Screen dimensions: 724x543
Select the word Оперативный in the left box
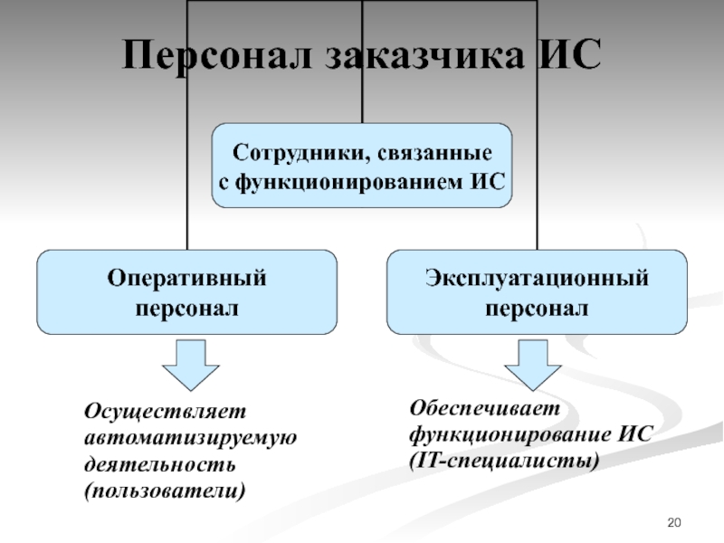187,278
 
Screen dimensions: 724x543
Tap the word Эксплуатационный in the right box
538,278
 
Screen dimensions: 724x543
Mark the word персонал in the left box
187,308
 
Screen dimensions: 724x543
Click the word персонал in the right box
538,308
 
